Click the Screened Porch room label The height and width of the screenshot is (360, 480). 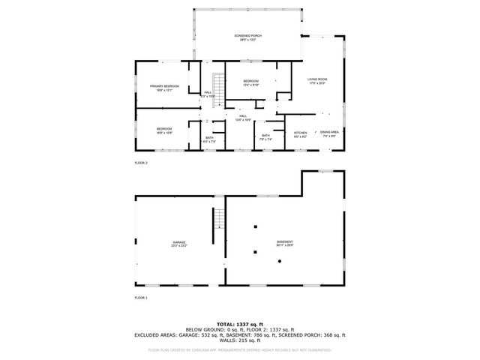tap(247, 37)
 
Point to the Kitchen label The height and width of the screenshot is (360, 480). tap(300, 133)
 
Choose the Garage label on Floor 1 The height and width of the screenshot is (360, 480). tap(179, 244)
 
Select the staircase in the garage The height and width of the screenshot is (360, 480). tap(219, 220)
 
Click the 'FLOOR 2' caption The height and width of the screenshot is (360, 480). tap(141, 163)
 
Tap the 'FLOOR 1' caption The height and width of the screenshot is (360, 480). tap(141, 298)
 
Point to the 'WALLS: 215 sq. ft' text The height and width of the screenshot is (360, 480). tap(239, 341)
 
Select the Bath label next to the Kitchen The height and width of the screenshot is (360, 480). tap(266, 136)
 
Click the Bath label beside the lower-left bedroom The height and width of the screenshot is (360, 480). tap(210, 139)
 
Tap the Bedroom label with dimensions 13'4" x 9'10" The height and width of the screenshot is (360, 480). tap(251, 82)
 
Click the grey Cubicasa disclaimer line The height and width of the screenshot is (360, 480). tap(239, 349)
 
